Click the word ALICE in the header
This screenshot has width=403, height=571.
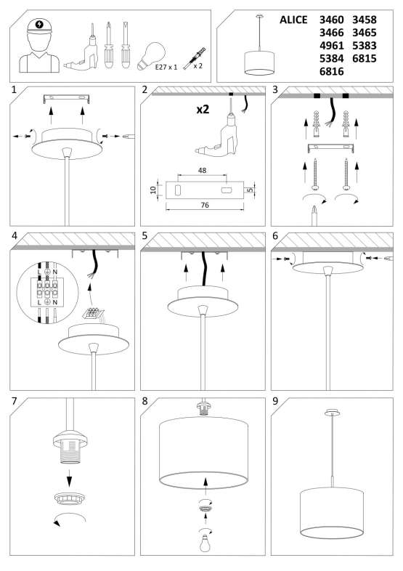coord(293,20)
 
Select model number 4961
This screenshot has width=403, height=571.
coord(331,46)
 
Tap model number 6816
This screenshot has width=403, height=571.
coord(331,71)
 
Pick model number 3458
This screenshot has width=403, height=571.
coord(364,20)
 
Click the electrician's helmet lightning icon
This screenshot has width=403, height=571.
coord(39,25)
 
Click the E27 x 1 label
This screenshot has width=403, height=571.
coord(166,67)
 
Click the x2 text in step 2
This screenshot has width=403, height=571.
coord(203,109)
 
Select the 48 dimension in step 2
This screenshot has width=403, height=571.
coord(202,170)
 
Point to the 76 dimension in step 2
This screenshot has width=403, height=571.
coord(205,206)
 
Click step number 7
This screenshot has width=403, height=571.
coord(15,401)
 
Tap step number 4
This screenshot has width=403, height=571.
coord(15,235)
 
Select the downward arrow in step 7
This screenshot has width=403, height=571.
coord(69,479)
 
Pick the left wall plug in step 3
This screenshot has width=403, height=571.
coord(316,124)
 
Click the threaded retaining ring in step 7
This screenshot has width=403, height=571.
coord(69,499)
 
